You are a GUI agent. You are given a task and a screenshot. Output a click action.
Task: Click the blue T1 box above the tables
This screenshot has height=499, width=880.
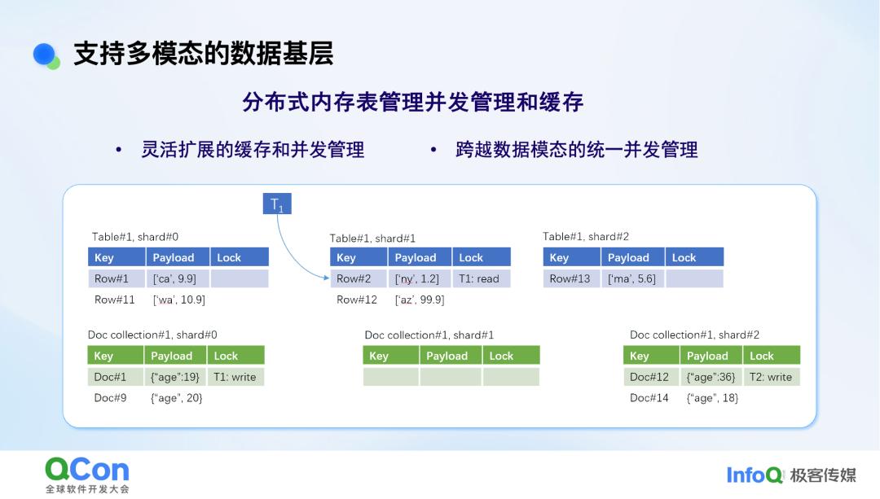pos(277,204)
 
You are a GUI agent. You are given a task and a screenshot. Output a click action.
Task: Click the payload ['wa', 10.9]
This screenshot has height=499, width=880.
pos(179,300)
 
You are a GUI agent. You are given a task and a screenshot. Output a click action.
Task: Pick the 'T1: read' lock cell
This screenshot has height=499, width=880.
pos(481,278)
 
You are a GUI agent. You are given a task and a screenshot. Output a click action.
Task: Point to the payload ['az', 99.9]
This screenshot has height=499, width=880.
pos(420,300)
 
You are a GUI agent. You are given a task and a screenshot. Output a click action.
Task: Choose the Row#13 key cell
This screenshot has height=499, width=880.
pos(570,278)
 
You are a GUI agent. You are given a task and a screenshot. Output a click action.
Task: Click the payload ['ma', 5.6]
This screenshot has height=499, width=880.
pos(631,278)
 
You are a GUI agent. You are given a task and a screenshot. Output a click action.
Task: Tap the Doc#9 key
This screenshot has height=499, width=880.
pos(111,398)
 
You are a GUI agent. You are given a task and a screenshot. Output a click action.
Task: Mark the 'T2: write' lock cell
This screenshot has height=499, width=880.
pos(771,377)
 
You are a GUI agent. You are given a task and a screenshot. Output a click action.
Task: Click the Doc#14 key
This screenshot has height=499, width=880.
pos(649,398)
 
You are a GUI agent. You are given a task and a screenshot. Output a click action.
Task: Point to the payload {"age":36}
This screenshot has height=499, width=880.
pos(711,377)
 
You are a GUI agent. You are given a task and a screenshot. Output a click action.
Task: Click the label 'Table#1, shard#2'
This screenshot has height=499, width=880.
pos(586,237)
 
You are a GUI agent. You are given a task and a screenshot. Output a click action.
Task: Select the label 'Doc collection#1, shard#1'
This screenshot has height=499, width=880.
pos(429,335)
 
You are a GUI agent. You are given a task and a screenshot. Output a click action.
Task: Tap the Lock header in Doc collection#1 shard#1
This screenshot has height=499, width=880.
pos(510,356)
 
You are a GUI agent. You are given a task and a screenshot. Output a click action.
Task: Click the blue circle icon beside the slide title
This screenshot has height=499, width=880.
pos(46,55)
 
